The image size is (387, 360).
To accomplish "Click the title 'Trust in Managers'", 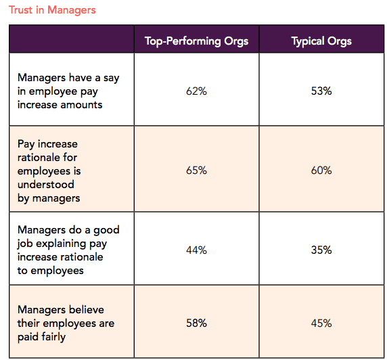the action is click(x=52, y=10).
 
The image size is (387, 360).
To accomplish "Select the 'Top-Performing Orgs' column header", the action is click(x=196, y=41).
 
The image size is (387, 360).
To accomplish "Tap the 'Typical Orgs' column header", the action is click(x=321, y=41).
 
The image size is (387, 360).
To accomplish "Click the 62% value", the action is click(x=196, y=91).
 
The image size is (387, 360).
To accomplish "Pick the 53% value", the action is click(x=321, y=91).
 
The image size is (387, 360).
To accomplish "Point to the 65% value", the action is click(x=196, y=171).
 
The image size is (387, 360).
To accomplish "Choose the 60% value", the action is click(x=321, y=171).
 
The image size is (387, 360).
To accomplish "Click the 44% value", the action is click(x=196, y=250).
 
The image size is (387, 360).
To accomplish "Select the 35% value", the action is click(x=321, y=250).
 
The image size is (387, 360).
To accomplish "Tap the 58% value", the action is click(x=196, y=323).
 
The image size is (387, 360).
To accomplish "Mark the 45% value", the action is click(x=321, y=323).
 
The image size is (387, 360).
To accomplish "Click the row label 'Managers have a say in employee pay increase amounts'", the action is click(x=68, y=91).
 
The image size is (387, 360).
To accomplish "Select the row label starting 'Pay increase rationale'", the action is click(x=49, y=171).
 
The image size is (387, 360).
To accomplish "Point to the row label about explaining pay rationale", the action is click(x=68, y=250).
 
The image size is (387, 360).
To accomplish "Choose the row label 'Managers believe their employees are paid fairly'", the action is click(x=66, y=323).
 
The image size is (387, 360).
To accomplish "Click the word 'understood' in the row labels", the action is click(x=45, y=185).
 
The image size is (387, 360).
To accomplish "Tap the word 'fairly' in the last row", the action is click(x=53, y=337).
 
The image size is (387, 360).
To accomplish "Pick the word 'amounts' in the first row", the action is click(x=81, y=105).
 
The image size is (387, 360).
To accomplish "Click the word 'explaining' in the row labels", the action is click(x=62, y=244).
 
